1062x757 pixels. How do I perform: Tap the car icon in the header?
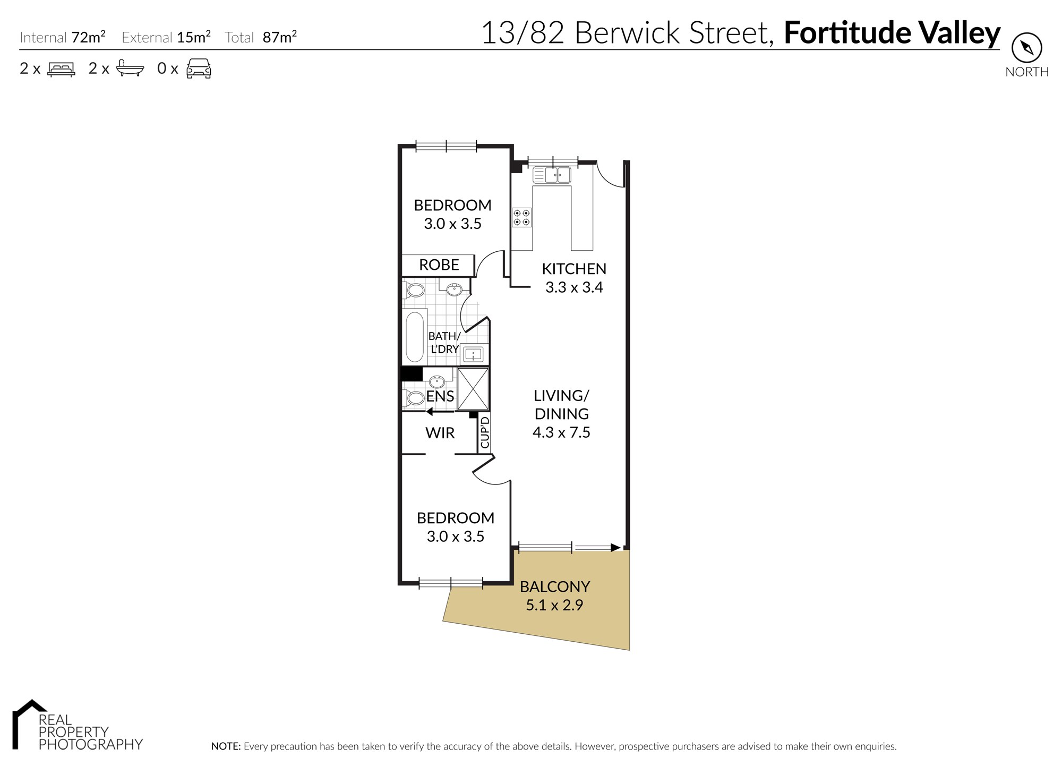(x=199, y=69)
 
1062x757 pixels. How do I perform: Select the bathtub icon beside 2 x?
(x=130, y=69)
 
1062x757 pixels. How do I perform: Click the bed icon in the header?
(x=61, y=69)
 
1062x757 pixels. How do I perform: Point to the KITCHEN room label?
(x=574, y=269)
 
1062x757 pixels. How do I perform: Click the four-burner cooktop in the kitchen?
(x=521, y=217)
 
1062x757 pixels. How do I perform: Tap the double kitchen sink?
(x=552, y=175)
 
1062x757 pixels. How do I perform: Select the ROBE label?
(x=439, y=265)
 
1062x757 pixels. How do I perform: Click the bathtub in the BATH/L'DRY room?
(x=415, y=337)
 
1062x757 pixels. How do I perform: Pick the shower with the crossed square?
(x=473, y=388)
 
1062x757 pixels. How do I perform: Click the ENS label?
(x=440, y=396)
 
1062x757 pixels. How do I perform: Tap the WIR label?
(x=440, y=433)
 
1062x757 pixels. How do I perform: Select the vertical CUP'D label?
(x=484, y=432)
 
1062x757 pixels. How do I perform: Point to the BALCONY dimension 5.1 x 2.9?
(x=554, y=605)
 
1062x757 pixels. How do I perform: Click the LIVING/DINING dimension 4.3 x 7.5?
(x=561, y=432)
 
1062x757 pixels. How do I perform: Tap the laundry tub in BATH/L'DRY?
(x=472, y=354)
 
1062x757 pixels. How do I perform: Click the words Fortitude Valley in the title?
(x=892, y=33)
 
